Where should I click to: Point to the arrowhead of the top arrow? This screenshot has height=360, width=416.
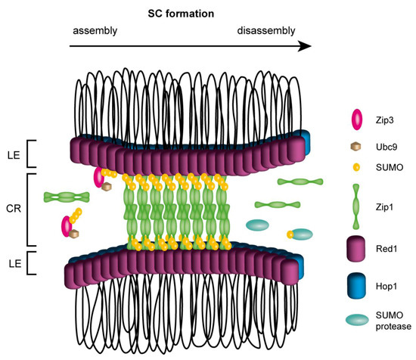[x=305, y=45]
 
